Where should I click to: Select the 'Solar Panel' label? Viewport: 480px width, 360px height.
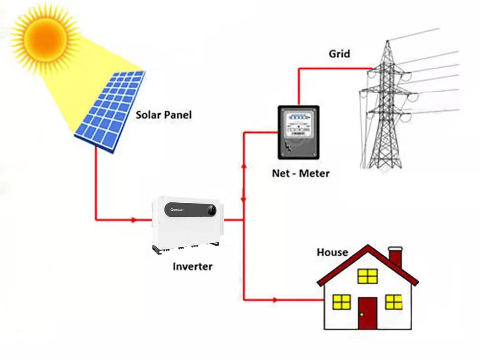163,115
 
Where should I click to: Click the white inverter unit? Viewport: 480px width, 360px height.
187,223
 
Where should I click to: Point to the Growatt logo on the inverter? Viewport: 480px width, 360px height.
181,210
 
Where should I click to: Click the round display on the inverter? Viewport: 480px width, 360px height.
211,210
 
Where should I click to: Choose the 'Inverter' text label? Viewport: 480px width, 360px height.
192,266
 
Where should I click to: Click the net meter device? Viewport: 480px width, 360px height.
298,132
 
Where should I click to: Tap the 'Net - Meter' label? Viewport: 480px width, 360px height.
301,173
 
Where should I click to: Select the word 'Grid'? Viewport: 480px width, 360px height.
339,54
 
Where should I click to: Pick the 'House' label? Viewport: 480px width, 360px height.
332,252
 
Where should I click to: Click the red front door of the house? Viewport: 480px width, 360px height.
367,313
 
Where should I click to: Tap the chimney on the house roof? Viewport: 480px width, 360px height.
395,257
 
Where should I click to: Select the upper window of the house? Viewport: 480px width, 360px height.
367,275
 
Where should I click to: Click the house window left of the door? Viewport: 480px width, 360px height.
341,301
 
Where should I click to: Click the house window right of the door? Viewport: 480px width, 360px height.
393,301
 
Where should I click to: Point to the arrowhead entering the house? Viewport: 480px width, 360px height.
275,300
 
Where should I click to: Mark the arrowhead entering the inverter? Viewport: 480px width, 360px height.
134,220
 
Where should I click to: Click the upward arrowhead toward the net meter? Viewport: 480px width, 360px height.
244,166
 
